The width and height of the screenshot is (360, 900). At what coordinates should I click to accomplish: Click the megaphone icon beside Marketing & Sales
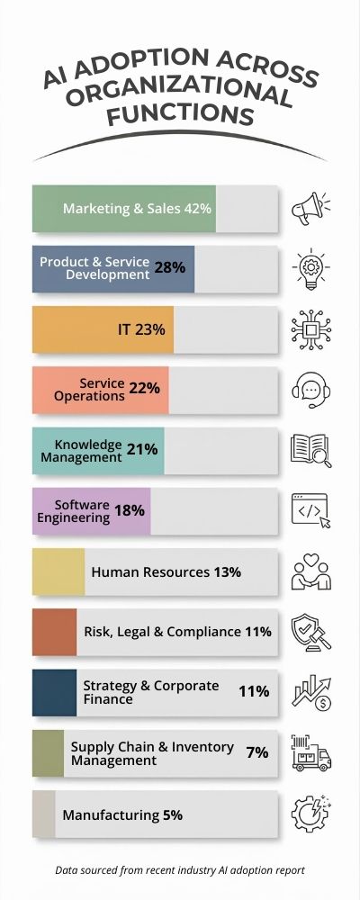[310, 209]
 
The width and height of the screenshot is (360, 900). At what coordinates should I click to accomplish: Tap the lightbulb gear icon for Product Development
[310, 269]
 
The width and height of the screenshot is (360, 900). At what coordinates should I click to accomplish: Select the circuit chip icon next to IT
[310, 329]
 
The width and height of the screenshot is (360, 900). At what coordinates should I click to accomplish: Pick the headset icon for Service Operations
[310, 390]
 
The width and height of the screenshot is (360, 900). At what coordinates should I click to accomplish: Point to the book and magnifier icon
[310, 450]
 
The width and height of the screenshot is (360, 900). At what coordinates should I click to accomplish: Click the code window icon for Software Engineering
[310, 510]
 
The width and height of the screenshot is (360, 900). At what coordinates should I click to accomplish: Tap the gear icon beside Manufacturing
[310, 814]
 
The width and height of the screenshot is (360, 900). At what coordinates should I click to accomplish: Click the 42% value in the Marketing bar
[197, 209]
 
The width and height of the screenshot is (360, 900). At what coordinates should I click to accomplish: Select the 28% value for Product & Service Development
[169, 267]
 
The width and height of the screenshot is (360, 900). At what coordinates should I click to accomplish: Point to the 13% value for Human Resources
[227, 571]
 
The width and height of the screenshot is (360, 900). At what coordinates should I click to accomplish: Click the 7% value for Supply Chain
[257, 752]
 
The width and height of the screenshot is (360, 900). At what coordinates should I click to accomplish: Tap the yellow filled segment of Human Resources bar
[58, 571]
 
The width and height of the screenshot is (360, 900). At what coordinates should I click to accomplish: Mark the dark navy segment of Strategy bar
[54, 692]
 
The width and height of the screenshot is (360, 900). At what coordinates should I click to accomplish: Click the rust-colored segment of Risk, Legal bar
[54, 632]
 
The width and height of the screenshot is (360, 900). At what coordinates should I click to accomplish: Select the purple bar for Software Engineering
[91, 511]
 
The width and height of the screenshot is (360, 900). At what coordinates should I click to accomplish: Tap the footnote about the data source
[180, 870]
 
